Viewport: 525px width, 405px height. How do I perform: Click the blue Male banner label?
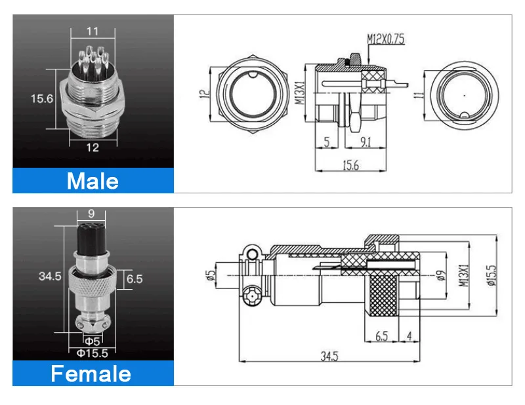coord(93,180)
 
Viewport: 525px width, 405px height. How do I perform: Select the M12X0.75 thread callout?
coord(385,40)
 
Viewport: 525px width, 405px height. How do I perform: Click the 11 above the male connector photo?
coord(93,30)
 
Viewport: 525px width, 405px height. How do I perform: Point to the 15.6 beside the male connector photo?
coord(42,98)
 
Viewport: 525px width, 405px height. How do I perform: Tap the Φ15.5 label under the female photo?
coord(93,353)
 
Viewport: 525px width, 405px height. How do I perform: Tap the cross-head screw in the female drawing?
coord(251,299)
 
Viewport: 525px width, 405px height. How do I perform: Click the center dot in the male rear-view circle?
coord(464,95)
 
